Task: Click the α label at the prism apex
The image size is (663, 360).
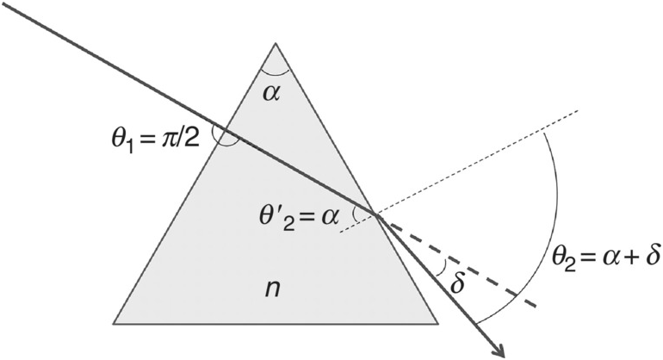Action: point(276,90)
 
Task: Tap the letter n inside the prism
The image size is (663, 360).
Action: point(275,289)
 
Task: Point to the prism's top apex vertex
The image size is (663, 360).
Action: point(276,43)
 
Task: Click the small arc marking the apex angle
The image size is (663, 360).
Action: point(276,69)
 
